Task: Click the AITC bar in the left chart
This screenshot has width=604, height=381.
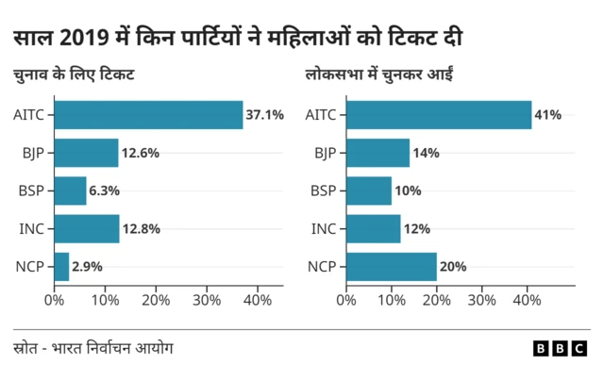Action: [148, 115]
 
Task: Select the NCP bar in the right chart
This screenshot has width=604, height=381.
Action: [391, 267]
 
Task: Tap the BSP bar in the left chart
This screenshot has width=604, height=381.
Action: [70, 190]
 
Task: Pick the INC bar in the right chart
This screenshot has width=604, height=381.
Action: [373, 228]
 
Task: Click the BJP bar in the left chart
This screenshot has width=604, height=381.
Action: [86, 153]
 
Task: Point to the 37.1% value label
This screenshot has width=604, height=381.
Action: [264, 115]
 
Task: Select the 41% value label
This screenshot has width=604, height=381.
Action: [547, 115]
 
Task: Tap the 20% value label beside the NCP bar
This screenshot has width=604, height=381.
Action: [453, 267]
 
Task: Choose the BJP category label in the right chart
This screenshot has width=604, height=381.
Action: [324, 153]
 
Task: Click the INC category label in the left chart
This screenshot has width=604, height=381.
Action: [32, 228]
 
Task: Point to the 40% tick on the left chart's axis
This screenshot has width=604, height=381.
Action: [258, 300]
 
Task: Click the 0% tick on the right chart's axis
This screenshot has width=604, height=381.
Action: [346, 300]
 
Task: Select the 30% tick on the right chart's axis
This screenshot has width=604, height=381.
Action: [481, 300]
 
